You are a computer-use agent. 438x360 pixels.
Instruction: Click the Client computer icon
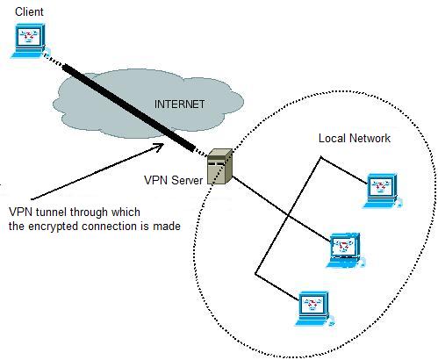pyautogui.click(x=29, y=40)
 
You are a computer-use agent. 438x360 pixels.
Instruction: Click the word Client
pyautogui.click(x=29, y=11)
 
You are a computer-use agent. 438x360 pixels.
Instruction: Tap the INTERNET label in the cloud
pyautogui.click(x=179, y=104)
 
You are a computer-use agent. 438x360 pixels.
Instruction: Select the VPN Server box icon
pyautogui.click(x=219, y=166)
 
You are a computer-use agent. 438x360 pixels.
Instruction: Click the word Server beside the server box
pyautogui.click(x=187, y=180)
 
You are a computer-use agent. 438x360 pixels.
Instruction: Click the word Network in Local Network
pyautogui.click(x=370, y=138)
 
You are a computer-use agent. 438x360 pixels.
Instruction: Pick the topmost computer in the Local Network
pyautogui.click(x=382, y=191)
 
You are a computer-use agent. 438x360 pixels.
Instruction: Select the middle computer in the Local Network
pyautogui.click(x=345, y=250)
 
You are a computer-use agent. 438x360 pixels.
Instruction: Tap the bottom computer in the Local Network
pyautogui.click(x=314, y=308)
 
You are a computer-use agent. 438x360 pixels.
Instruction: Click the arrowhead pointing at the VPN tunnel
pyautogui.click(x=158, y=146)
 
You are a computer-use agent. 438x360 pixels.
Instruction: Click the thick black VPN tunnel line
pyautogui.click(x=129, y=108)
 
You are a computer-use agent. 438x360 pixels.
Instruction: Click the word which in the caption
pyautogui.click(x=126, y=212)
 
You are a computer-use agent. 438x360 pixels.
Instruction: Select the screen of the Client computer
pyautogui.click(x=28, y=37)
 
